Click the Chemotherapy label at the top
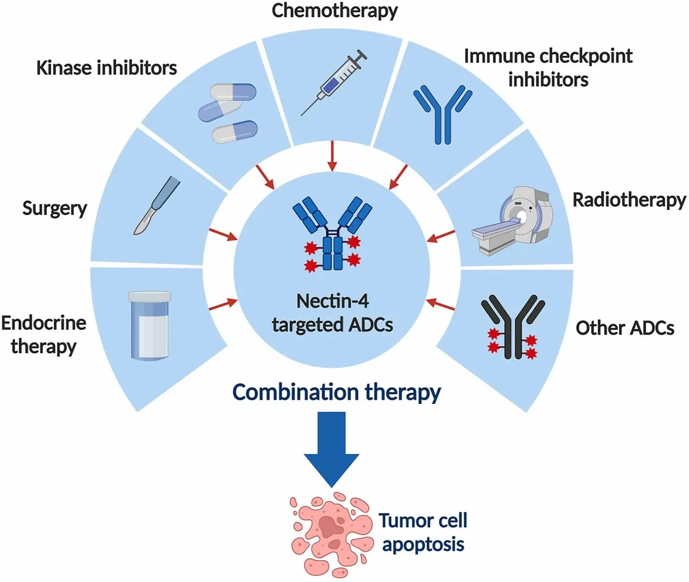point(334,10)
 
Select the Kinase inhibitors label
point(106,68)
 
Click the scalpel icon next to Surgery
point(156,206)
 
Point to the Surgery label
point(54,208)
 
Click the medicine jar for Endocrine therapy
point(149,325)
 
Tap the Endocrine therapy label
point(43,334)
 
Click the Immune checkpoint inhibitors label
point(548,67)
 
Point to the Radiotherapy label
point(629,200)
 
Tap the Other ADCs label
point(624,328)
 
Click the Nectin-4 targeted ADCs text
point(332,313)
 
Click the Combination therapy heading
point(337,392)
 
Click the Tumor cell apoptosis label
point(423,532)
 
